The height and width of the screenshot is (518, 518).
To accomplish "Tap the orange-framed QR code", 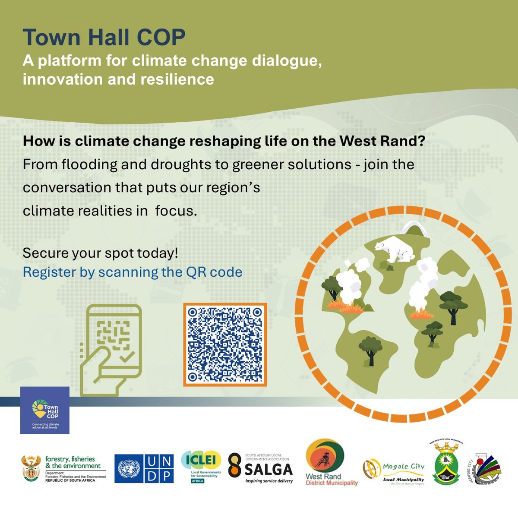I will tap(225, 344).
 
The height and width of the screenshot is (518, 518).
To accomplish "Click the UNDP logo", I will tap(144, 469).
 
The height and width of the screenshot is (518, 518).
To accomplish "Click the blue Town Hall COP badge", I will tap(45, 410).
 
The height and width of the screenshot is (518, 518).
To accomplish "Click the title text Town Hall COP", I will tap(104, 38).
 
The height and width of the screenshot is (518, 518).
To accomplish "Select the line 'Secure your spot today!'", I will tap(100, 253).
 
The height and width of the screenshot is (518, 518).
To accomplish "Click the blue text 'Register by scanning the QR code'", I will tap(132, 272).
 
